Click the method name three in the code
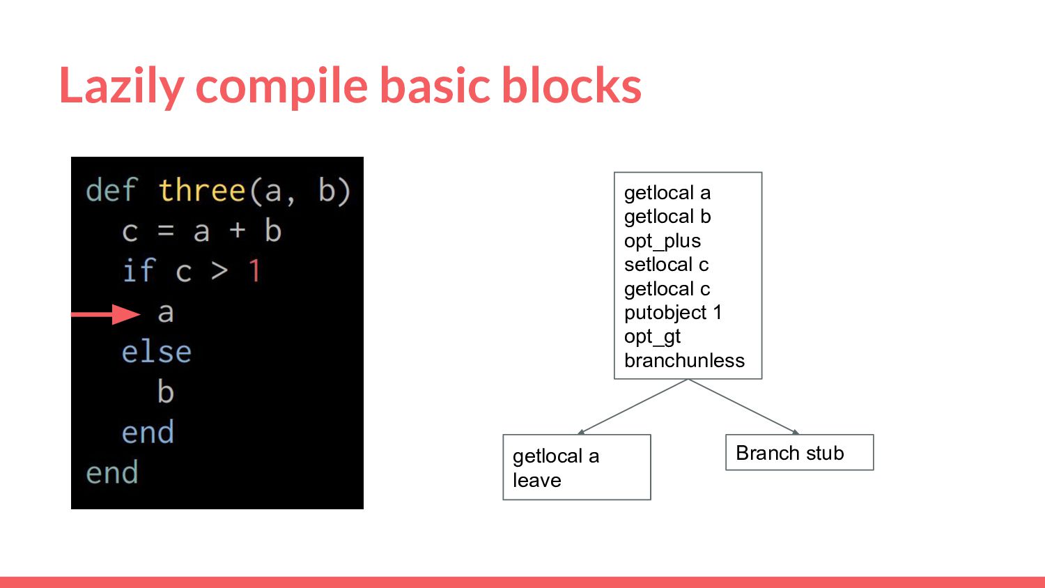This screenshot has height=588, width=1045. (x=202, y=190)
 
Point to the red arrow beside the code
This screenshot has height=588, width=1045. (x=105, y=314)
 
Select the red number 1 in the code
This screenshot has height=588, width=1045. (x=254, y=271)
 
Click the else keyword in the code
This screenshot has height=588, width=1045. (x=156, y=351)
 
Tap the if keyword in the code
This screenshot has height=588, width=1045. (x=138, y=270)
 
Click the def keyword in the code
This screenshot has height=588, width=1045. (x=111, y=190)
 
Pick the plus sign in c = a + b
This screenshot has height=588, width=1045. (x=238, y=230)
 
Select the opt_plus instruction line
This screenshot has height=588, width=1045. (x=663, y=241)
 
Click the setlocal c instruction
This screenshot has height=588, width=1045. (x=666, y=265)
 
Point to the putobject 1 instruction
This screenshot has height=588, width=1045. (x=673, y=313)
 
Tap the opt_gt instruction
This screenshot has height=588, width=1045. (x=652, y=337)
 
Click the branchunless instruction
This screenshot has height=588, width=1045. (x=684, y=360)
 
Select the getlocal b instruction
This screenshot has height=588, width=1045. (x=667, y=217)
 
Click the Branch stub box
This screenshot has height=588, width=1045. (x=800, y=452)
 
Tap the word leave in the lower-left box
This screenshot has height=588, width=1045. (x=537, y=480)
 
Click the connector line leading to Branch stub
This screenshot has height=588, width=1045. (x=743, y=406)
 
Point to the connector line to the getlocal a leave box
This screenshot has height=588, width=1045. (x=633, y=406)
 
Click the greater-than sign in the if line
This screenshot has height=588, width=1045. (x=219, y=271)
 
